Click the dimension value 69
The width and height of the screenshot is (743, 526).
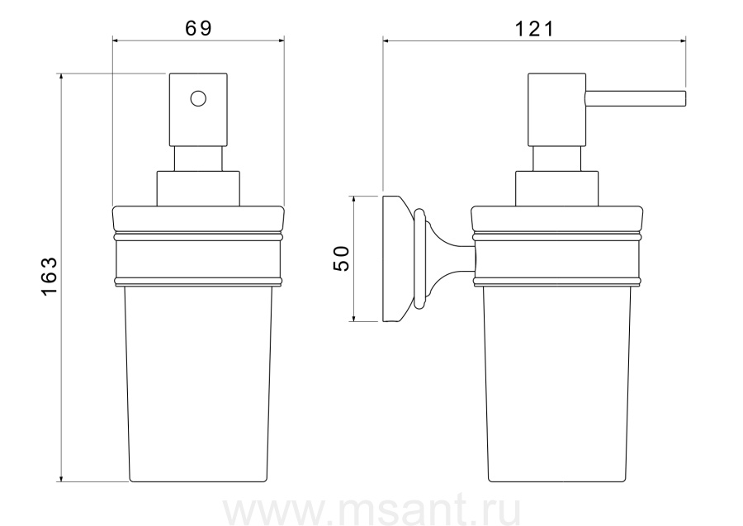pos(198,28)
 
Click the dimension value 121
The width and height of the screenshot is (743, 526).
pos(534,30)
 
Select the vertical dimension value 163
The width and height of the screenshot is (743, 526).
pos(50,277)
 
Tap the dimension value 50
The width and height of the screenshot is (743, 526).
pos(341,258)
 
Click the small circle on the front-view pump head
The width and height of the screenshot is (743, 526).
pos(198,98)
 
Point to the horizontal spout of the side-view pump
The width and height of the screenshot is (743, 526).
pos(636,98)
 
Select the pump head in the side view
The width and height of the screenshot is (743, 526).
pos(556,110)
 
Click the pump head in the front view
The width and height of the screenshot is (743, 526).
pos(198,110)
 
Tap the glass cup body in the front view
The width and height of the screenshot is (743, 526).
pos(198,384)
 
